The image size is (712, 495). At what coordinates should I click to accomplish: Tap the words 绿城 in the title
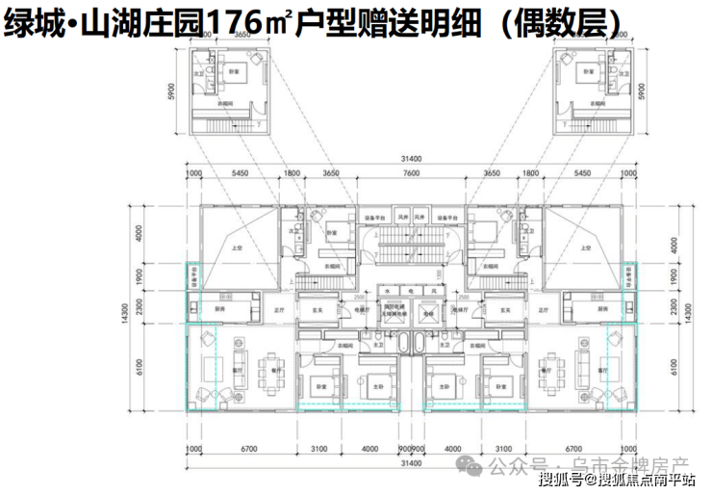(x=29, y=21)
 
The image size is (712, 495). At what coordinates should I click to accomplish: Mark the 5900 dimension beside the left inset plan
(x=171, y=92)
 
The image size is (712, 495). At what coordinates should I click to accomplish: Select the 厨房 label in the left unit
(x=220, y=310)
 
